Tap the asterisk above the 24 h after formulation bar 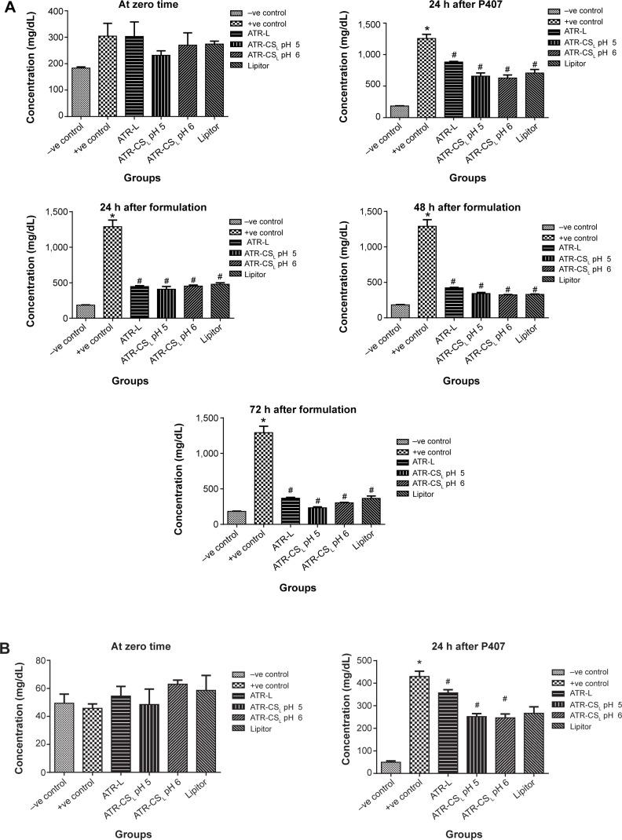coord(113,217)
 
